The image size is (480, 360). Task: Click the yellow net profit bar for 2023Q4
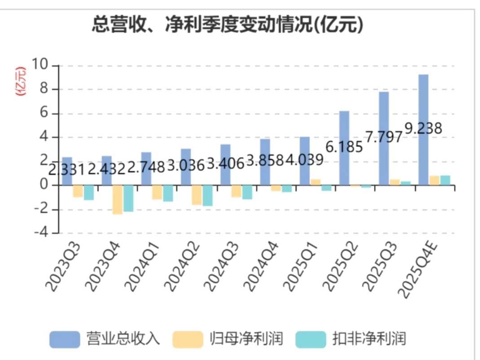117,200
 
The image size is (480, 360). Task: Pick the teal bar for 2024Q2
207,196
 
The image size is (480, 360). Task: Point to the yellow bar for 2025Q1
316,182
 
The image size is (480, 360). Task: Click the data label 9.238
423,128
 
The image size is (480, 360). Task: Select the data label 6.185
344,146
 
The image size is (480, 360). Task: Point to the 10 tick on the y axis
40,66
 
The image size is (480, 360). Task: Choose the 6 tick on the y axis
43,114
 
